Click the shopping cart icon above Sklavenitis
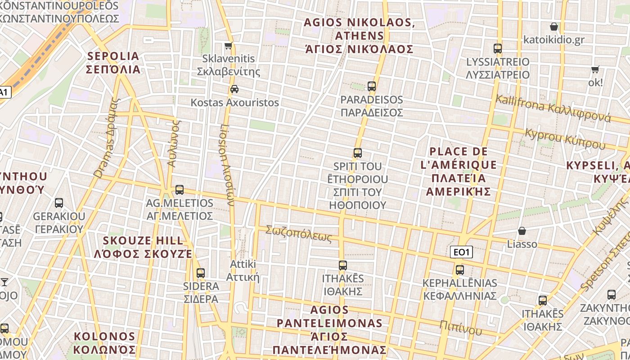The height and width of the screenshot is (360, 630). pos(229,45)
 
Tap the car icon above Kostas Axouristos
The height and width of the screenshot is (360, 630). pos(234,89)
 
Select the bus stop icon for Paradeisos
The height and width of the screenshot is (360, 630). pos(371,86)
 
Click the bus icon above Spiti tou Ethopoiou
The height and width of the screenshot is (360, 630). pos(358,153)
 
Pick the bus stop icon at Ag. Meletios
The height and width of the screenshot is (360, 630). pos(180,190)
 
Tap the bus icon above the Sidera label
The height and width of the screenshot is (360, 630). pos(201,273)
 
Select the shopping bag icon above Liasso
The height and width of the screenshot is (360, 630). pos(522,231)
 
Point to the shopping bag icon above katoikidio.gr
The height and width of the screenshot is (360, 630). pos(554,27)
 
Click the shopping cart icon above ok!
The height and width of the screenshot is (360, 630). pos(595,69)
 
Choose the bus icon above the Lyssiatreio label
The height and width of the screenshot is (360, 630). pos(498,49)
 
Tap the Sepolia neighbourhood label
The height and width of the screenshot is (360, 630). pos(114,63)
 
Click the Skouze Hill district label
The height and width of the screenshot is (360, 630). pos(143,247)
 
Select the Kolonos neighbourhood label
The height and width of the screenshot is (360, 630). pos(104,343)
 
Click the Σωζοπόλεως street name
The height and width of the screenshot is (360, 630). pos(299,233)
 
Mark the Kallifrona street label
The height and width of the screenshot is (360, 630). pos(553,108)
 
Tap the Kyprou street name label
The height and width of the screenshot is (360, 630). pos(565,138)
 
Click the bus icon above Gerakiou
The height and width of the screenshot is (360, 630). pos(59,203)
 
